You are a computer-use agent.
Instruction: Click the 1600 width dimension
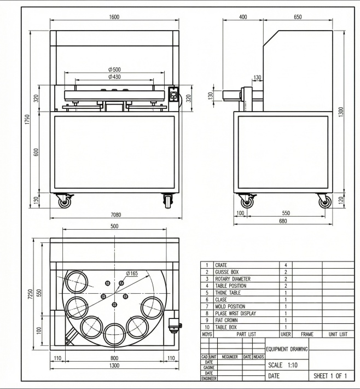(x=114, y=17)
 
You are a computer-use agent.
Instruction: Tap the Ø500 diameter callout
(x=114, y=69)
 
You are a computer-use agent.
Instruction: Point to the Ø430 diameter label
(x=114, y=77)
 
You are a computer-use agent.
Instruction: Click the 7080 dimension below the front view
(x=114, y=215)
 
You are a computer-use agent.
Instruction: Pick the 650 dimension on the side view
(x=298, y=17)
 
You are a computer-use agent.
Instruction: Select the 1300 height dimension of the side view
(x=341, y=111)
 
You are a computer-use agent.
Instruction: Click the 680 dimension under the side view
(x=282, y=221)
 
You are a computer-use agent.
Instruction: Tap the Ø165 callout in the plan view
(x=131, y=273)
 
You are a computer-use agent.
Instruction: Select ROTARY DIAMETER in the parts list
(x=233, y=278)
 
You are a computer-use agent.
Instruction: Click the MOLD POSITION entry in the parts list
(x=230, y=306)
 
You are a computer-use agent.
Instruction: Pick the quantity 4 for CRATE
(x=286, y=265)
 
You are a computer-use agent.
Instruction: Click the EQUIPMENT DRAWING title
(x=286, y=349)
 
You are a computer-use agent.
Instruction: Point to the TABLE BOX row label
(x=226, y=327)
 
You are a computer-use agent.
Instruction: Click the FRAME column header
(x=307, y=333)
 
